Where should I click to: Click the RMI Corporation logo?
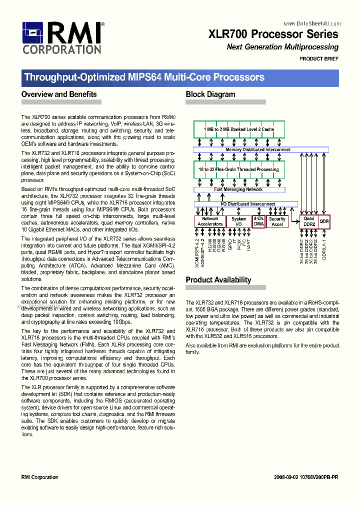(62, 37)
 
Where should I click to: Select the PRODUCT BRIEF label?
(319, 59)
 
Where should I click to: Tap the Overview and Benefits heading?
(59, 94)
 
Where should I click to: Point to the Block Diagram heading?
(210, 94)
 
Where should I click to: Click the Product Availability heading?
(218, 280)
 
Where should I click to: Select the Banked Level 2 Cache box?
(239, 129)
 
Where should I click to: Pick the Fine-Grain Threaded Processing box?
(239, 169)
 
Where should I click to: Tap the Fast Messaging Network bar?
(238, 189)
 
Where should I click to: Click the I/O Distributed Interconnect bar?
(245, 204)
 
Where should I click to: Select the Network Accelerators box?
(210, 221)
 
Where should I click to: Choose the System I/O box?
(238, 221)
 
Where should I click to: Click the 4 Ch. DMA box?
(258, 221)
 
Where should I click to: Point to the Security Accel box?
(277, 221)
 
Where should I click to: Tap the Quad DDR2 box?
(309, 221)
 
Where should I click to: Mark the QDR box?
(324, 221)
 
